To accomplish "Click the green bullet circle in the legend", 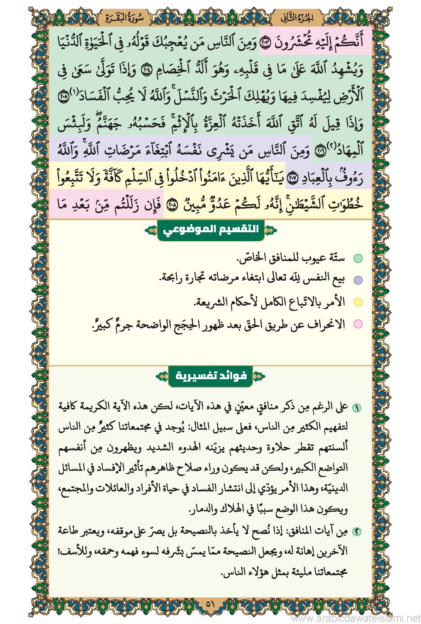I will [358, 258].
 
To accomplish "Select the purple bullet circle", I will [358, 280].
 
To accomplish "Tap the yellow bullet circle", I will [358, 302].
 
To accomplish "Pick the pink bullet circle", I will [358, 324].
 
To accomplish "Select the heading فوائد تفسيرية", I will [210, 376].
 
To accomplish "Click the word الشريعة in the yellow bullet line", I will [211, 302].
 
